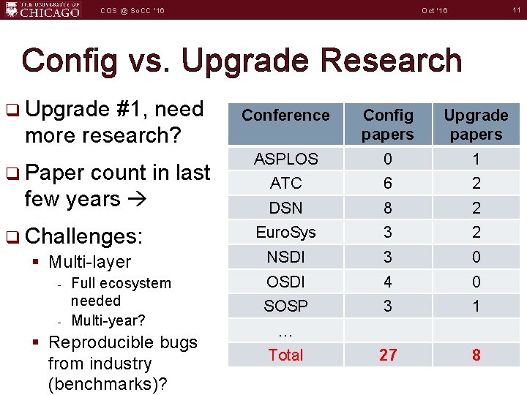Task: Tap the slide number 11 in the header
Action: coord(516,10)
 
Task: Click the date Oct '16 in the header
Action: coord(435,10)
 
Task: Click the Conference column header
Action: coord(285,116)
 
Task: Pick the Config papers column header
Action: coord(388,124)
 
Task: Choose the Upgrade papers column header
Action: coord(476,124)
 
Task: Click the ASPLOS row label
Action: coord(285,159)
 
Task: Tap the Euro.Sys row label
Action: coord(285,233)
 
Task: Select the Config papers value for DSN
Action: coord(388,208)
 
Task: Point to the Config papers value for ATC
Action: coord(388,184)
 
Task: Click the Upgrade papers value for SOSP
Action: coord(476,306)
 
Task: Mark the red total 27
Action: coord(388,355)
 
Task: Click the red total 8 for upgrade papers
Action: coord(476,355)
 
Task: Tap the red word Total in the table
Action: coord(285,355)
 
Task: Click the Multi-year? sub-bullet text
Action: coord(108,320)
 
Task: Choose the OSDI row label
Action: coord(285,282)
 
